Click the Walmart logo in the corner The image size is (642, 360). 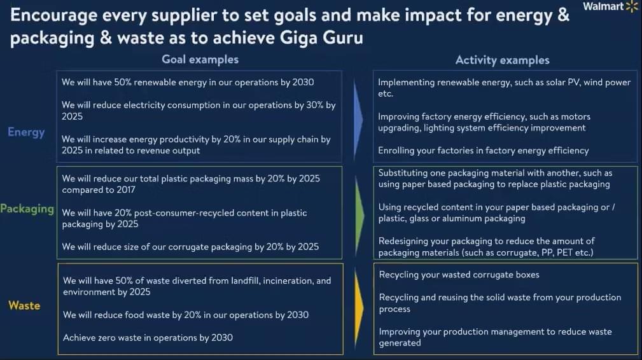(610, 6)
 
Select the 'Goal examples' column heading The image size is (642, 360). (200, 59)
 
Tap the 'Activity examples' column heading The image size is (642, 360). (503, 60)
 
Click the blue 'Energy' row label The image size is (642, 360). (26, 132)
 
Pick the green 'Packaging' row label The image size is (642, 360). (27, 209)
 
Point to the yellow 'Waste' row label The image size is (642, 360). (24, 305)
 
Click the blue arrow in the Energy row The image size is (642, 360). (358, 119)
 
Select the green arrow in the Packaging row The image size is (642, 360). (359, 215)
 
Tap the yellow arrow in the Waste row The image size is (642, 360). (359, 308)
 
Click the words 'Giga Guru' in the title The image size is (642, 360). (321, 38)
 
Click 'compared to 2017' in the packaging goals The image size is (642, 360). (98, 190)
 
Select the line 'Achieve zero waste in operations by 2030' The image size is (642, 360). (148, 338)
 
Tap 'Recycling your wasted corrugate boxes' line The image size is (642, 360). (459, 275)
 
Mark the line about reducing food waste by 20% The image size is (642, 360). (186, 315)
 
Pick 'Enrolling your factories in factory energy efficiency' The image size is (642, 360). (483, 151)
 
